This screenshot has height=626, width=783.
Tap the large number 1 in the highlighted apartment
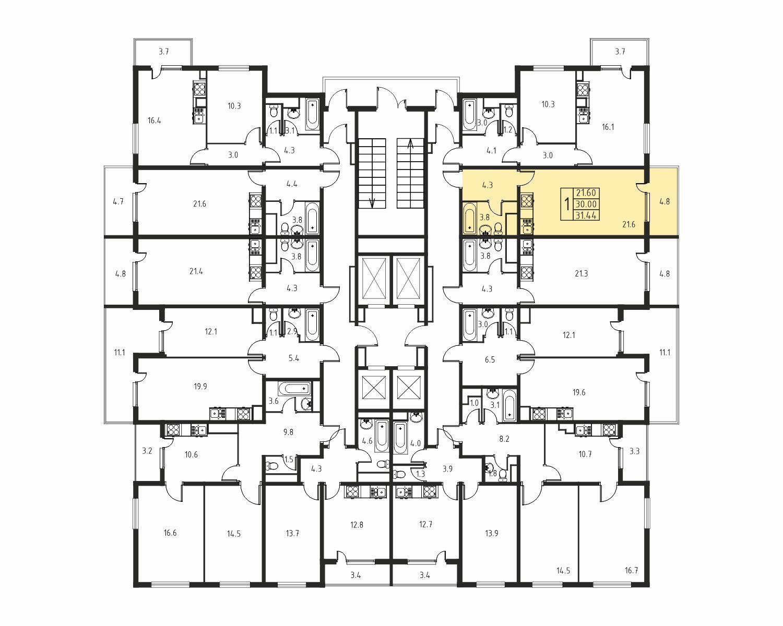pyautogui.click(x=566, y=204)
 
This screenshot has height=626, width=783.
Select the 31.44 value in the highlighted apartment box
pyautogui.click(x=586, y=215)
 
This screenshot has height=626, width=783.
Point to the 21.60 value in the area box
pyautogui.click(x=586, y=193)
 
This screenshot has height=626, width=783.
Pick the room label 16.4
pyautogui.click(x=155, y=121)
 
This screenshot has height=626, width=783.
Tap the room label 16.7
pyautogui.click(x=631, y=570)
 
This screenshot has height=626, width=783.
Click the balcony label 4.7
pyautogui.click(x=118, y=201)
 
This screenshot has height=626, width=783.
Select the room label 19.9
pyautogui.click(x=200, y=386)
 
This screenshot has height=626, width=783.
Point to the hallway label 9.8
pyautogui.click(x=288, y=432)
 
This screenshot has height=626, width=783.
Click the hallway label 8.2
pyautogui.click(x=504, y=439)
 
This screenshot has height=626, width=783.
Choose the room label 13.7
pyautogui.click(x=292, y=533)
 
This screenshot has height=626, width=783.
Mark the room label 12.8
pyautogui.click(x=357, y=525)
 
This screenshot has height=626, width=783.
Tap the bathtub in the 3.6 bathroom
pyautogui.click(x=295, y=389)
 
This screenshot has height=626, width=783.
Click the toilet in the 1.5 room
pyautogui.click(x=271, y=466)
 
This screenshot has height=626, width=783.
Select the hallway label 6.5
pyautogui.click(x=490, y=359)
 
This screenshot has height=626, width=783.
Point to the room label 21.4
pyautogui.click(x=196, y=271)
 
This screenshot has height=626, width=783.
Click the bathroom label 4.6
pyautogui.click(x=367, y=441)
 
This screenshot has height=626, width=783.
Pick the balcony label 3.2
pyautogui.click(x=147, y=451)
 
